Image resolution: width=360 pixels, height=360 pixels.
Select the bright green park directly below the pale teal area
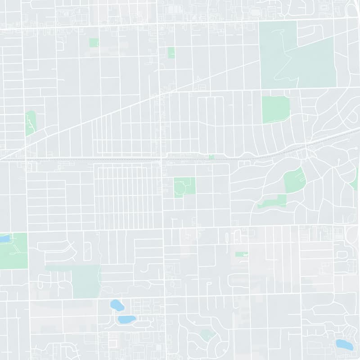point(275,109)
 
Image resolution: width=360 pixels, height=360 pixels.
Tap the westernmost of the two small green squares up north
point(94,43)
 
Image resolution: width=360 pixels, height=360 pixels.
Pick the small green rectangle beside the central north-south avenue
point(171,52)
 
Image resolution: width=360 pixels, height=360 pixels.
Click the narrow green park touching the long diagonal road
point(30,122)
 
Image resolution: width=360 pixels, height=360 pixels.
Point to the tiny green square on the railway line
point(211,157)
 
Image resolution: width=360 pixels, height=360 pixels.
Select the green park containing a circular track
point(184,187)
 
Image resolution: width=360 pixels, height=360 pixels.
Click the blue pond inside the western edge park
point(4,238)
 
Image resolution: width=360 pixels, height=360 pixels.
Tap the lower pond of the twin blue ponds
point(126,319)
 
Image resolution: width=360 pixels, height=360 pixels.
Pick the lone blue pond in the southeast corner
point(344,345)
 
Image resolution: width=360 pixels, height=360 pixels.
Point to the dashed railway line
point(90,158)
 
